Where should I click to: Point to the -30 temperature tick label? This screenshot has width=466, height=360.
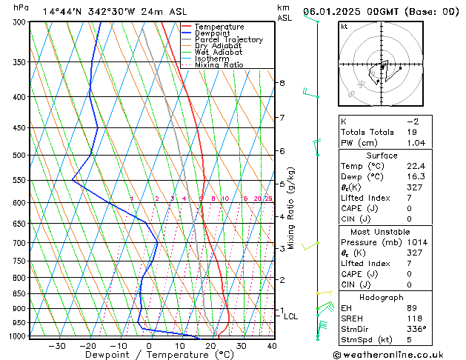coord(56,346)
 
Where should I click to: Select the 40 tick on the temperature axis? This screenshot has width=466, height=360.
coord(272,346)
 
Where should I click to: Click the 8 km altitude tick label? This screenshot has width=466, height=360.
coord(282,83)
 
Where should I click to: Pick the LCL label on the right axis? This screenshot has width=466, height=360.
coord(291,316)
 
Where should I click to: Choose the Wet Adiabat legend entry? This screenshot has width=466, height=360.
coord(219,53)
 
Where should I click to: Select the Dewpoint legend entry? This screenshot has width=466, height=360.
coord(213,33)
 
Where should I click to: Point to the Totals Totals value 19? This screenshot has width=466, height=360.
coord(412,132)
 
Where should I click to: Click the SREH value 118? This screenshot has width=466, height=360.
coord(415,319)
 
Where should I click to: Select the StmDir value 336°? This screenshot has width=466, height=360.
coord(417,329)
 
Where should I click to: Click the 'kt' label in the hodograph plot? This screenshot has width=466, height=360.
coord(344,27)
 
